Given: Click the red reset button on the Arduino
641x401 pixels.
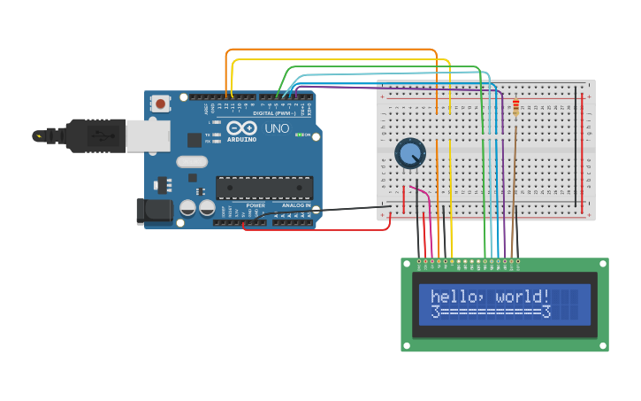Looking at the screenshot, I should pos(160,104).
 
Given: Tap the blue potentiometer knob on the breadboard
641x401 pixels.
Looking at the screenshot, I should pos(408,153).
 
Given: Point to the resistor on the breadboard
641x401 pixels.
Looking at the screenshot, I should pos(515,108).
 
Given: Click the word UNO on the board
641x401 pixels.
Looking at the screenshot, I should pos(277,128).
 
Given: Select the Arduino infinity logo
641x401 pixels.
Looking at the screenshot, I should pos(241,128).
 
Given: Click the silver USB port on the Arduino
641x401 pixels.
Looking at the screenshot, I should pos(148,135).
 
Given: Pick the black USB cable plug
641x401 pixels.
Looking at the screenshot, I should pos(95,135).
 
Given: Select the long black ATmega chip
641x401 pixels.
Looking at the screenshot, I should pos(264,188).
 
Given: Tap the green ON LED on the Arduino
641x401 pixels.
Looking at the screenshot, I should pos(300,135).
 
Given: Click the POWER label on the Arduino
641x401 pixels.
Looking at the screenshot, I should pos(256,205).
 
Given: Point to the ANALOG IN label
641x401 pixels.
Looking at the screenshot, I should pos(296,205).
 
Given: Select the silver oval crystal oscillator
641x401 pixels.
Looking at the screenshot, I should pos(192,161).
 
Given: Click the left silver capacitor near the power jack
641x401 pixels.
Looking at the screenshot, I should pos(187,208).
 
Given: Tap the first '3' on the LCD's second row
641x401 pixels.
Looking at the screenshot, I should pos(435,312).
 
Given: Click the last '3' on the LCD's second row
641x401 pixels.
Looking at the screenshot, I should pos(546,312).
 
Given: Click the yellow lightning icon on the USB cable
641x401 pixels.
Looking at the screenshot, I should pos(38,135).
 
